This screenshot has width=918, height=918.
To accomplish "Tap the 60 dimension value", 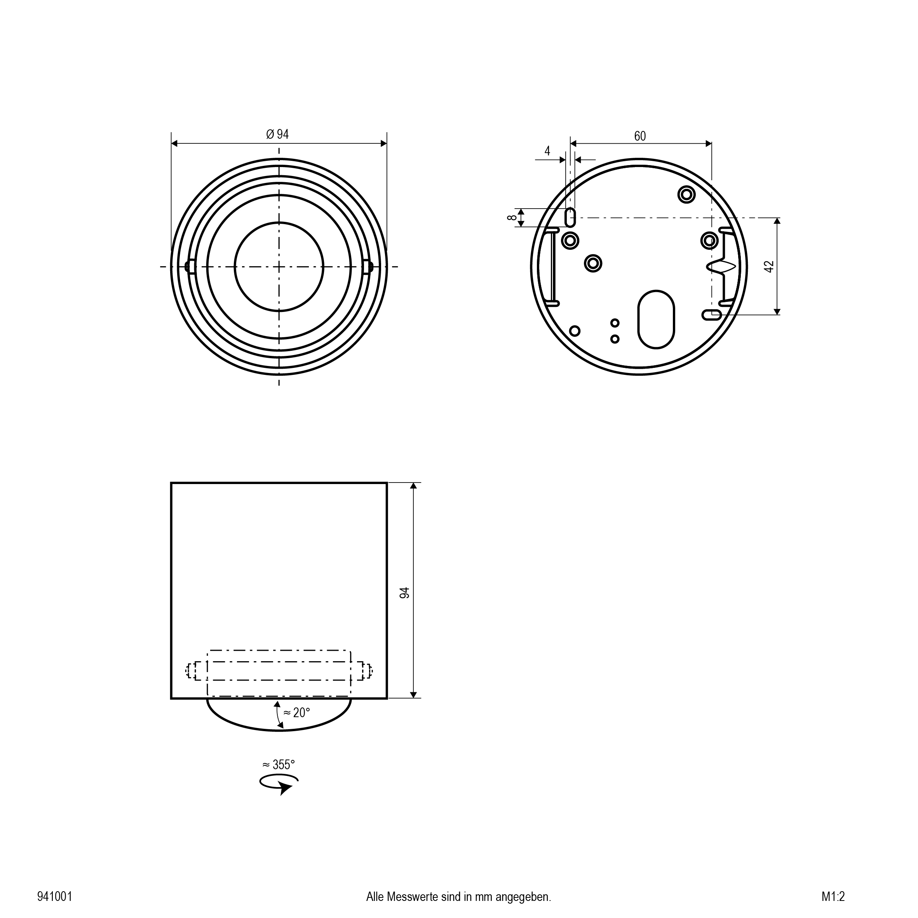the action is (x=640, y=136).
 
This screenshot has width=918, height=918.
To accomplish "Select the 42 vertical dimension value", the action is (x=770, y=267).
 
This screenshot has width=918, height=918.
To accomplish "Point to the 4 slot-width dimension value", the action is (x=547, y=151).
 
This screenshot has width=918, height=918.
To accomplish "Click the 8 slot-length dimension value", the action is (x=512, y=218).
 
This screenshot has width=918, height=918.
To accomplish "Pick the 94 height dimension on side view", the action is (x=404, y=592).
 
